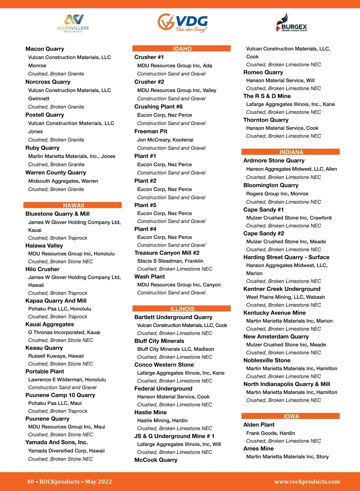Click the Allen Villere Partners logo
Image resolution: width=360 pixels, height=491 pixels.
pyautogui.click(x=73, y=23)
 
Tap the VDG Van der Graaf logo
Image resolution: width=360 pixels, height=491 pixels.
pyautogui.click(x=183, y=23)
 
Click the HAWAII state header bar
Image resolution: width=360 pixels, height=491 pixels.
pyautogui.click(x=73, y=205)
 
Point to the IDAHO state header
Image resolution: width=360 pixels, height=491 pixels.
pyautogui.click(x=182, y=49)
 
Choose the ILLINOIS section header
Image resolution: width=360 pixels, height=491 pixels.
pyautogui.click(x=182, y=309)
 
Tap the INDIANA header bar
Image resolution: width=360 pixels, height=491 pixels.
pyautogui.click(x=291, y=152)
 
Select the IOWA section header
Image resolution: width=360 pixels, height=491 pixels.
pyautogui.click(x=291, y=416)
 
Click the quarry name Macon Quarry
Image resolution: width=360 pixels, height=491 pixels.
pyautogui.click(x=45, y=49)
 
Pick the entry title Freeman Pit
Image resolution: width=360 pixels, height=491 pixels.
pyautogui.click(x=151, y=131)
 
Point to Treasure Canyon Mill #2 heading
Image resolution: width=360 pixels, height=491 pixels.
pyautogui.click(x=167, y=253)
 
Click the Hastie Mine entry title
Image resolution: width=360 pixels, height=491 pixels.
pyautogui.click(x=150, y=412)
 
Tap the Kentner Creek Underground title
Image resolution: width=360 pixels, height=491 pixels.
pyautogui.click(x=282, y=289)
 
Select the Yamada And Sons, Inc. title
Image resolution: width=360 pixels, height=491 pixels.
pyautogui.click(x=56, y=442)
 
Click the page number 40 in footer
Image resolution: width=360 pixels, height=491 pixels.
pyautogui.click(x=30, y=481)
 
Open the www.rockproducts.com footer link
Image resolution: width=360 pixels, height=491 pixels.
pyautogui.click(x=307, y=481)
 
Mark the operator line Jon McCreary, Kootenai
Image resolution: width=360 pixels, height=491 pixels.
pyautogui.click(x=165, y=140)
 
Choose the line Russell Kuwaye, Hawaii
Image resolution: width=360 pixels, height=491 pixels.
pyautogui.click(x=56, y=356)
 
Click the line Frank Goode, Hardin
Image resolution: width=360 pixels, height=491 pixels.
pyautogui.click(x=270, y=433)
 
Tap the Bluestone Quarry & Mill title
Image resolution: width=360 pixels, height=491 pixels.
pyautogui.click(x=57, y=214)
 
